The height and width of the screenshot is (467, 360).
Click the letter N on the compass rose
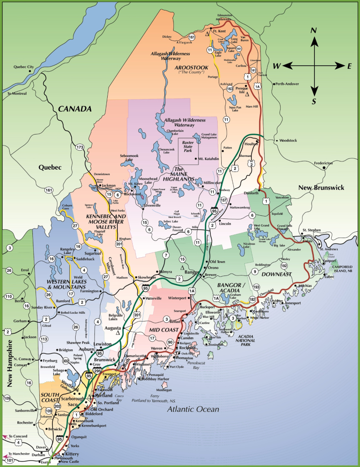pyautogui.click(x=313, y=31)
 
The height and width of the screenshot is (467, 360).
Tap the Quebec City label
pyautogui.click(x=24, y=67)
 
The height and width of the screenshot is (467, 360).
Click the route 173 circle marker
pyautogui.click(x=80, y=147)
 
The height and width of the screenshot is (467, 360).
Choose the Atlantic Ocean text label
pyautogui.click(x=193, y=409)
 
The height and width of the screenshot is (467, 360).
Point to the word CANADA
pyautogui.click(x=74, y=109)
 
